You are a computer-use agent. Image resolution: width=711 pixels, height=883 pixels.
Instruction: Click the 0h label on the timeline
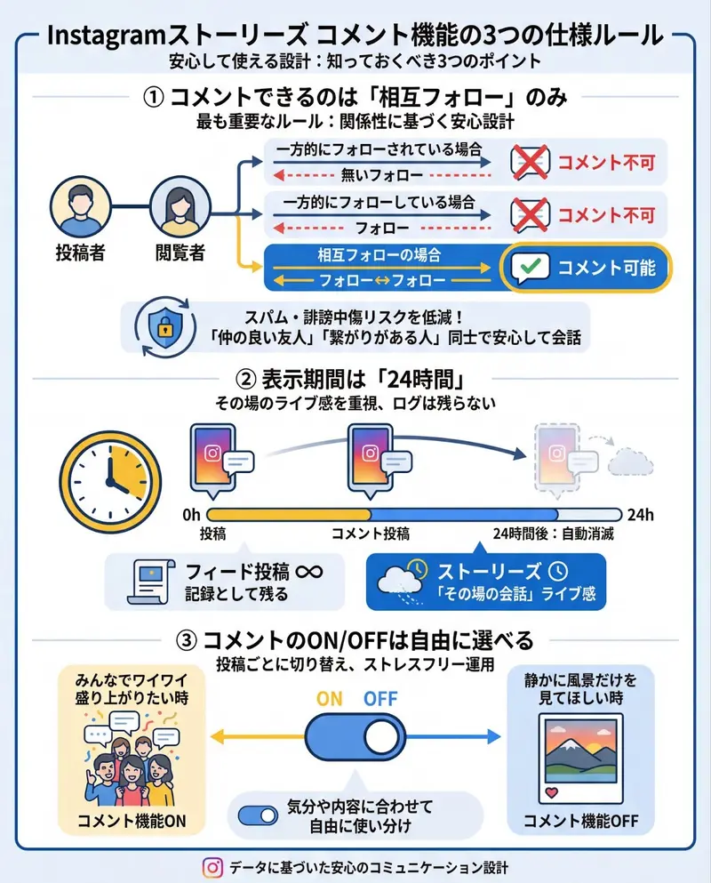point(190,515)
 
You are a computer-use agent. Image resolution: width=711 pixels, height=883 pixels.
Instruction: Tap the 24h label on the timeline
point(640,515)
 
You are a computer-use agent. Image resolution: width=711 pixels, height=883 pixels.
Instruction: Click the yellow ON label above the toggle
point(329,698)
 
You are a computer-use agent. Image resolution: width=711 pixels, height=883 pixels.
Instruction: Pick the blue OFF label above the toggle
point(380,698)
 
